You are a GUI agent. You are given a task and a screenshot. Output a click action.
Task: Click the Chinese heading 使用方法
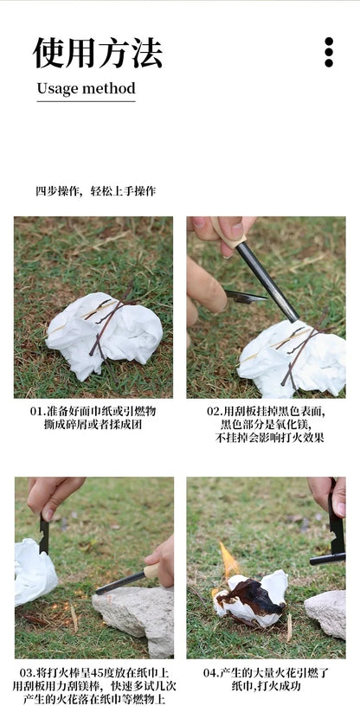pos(97,53)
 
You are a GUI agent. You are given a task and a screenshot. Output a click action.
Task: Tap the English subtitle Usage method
pos(86,88)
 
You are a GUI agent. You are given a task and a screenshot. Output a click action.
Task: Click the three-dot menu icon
pos(329,52)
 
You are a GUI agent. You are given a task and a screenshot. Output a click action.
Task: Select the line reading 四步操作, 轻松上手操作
pos(95,191)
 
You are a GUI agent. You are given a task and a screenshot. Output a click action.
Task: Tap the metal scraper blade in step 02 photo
pos(246,297)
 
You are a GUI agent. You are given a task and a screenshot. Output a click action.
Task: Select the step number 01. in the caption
pos(37,411)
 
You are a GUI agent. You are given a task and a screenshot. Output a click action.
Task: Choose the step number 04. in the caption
pos(212,672)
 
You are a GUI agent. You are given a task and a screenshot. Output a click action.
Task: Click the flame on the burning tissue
pos(228,562)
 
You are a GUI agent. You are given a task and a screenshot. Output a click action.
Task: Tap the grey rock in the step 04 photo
pos(326,612)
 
